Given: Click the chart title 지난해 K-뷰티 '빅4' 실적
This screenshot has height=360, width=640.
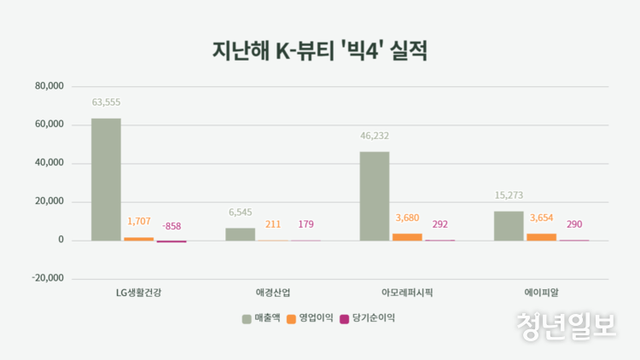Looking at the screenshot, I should [x=319, y=49].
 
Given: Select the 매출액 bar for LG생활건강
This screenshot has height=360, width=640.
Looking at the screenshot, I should [x=106, y=179].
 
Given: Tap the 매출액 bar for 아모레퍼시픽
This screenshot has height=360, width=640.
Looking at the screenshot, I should [x=375, y=195].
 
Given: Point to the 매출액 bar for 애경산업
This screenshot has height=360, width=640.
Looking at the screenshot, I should [x=240, y=234].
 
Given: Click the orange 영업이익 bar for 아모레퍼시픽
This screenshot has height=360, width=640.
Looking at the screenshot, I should [x=407, y=236].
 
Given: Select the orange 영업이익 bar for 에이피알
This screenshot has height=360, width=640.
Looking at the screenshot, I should [x=541, y=236].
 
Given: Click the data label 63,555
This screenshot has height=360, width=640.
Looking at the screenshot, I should [x=107, y=102].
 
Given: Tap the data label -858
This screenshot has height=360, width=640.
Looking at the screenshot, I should [x=172, y=226].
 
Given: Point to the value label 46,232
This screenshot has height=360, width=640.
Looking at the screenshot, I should [x=375, y=136].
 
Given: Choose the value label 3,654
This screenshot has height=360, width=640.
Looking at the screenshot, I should [x=542, y=218].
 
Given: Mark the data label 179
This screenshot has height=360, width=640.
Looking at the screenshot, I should [x=306, y=224].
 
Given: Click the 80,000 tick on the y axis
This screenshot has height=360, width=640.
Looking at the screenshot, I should [x=49, y=86].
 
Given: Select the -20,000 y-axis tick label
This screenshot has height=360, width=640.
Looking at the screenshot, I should [x=48, y=279].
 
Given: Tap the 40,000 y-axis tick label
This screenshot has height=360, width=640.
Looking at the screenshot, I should [x=49, y=163].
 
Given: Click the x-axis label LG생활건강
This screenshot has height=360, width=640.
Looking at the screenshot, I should [x=138, y=293].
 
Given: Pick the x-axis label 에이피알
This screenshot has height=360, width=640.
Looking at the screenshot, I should [x=541, y=293].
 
